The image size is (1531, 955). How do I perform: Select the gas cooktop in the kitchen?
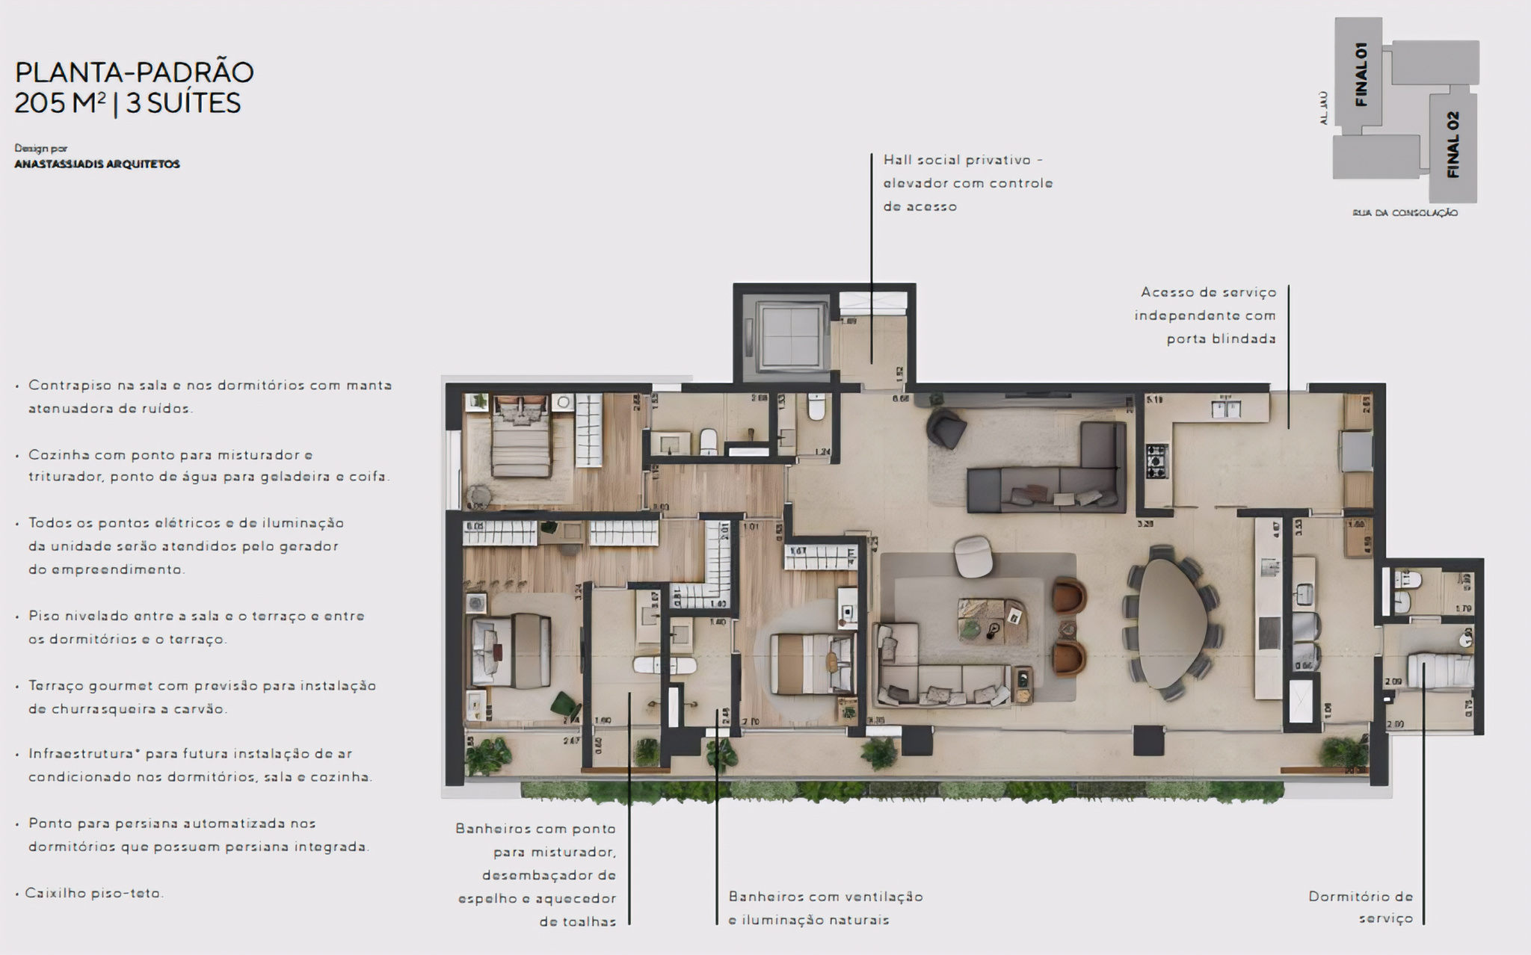tap(1156, 461)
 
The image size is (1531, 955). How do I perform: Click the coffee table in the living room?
tap(992, 620)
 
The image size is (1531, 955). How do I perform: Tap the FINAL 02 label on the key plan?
tap(1453, 145)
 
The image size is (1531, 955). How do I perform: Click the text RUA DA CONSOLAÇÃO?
tap(1405, 213)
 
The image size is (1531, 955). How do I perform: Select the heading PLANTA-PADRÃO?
tap(135, 73)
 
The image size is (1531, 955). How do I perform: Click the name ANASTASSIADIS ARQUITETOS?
tap(97, 164)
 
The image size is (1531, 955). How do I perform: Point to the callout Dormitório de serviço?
tap(1360, 907)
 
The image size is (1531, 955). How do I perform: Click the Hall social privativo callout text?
tap(967, 183)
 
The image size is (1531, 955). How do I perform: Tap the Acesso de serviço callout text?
tap(1205, 315)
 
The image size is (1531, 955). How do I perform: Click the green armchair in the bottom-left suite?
tap(564, 704)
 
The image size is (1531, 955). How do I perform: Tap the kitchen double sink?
tap(1226, 409)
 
